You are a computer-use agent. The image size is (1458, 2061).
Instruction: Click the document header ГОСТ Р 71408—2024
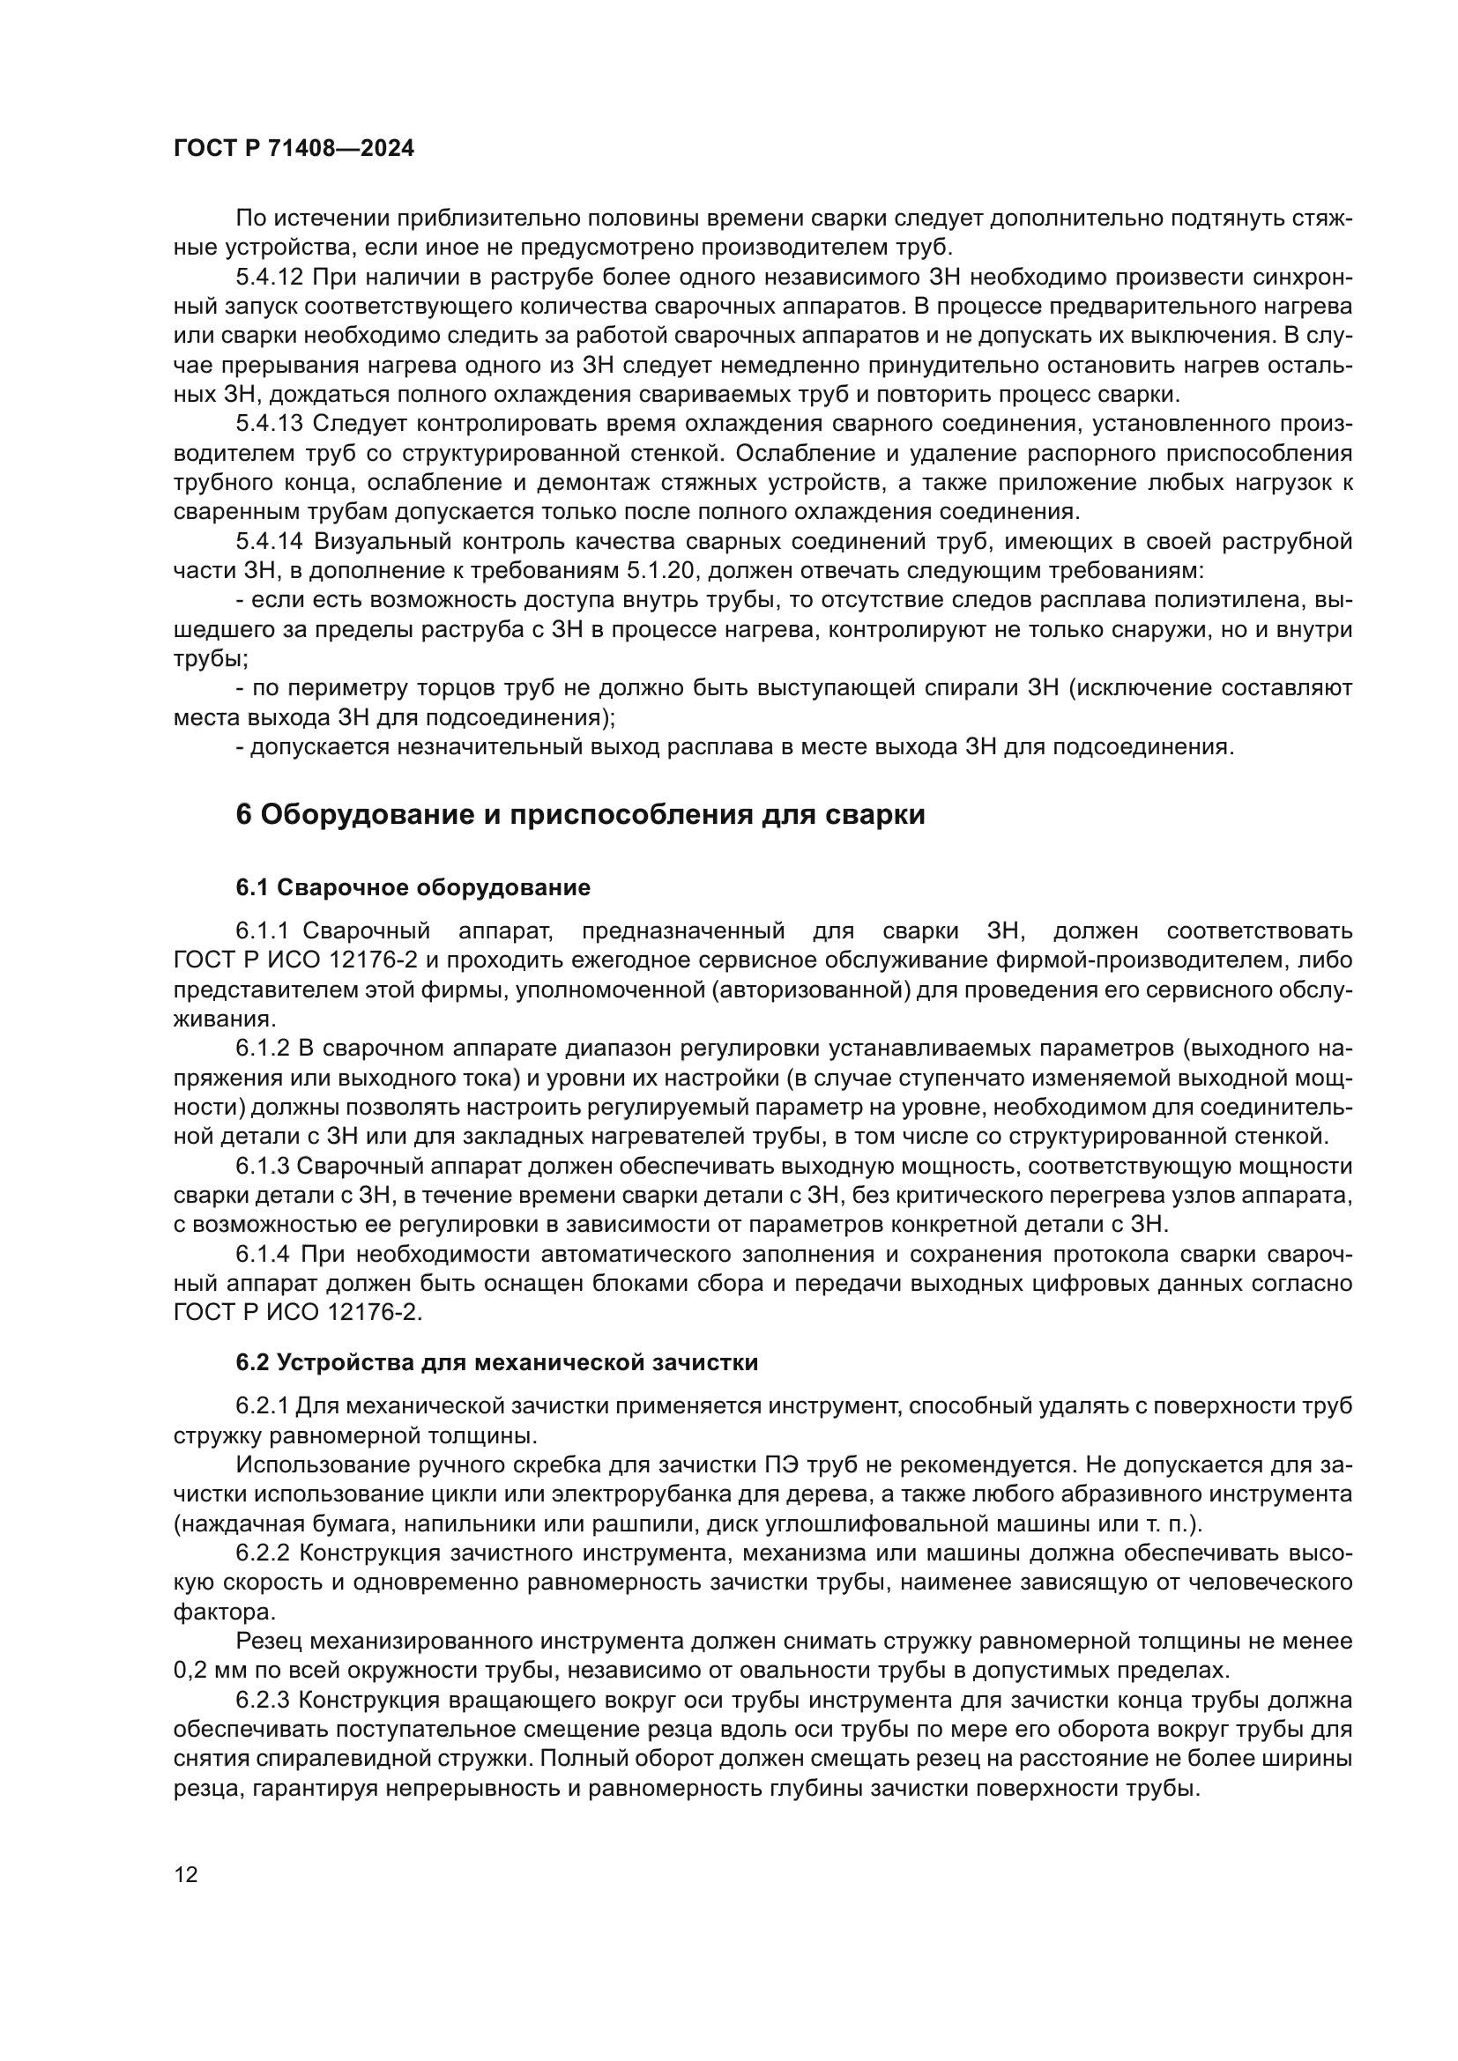tap(294, 149)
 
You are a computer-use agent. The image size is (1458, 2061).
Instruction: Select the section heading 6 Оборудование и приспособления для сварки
tap(580, 815)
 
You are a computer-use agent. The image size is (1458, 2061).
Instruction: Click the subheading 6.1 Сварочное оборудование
tap(413, 888)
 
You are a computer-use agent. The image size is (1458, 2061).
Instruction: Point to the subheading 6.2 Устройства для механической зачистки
tap(496, 1362)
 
